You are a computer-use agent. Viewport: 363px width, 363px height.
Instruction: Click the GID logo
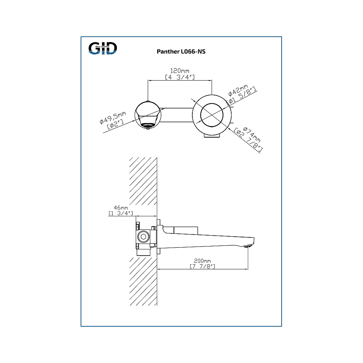tap(103, 48)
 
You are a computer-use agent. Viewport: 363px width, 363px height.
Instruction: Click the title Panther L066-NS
tap(181, 52)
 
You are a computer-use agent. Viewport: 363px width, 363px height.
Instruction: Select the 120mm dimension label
tap(180, 71)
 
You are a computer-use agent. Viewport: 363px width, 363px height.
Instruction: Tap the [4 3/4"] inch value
tap(180, 77)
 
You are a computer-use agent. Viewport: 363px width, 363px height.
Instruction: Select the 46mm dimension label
tap(121, 208)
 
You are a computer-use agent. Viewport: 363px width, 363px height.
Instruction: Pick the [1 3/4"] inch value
tap(121, 213)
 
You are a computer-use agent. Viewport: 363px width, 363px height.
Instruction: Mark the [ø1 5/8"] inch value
tap(242, 95)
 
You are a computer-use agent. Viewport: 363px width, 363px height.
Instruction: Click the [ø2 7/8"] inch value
tap(248, 140)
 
